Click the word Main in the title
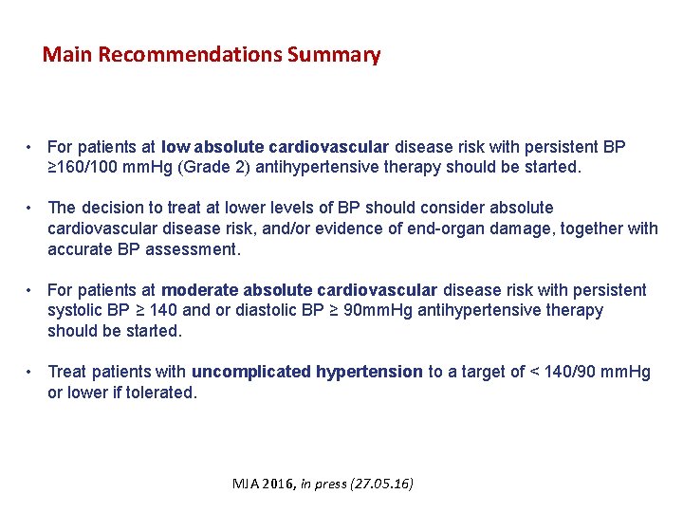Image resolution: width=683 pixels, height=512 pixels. [x=67, y=55]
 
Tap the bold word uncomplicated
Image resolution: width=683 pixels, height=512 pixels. [x=250, y=372]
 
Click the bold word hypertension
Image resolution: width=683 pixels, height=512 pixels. [x=369, y=372]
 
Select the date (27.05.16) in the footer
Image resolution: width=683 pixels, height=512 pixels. [x=381, y=484]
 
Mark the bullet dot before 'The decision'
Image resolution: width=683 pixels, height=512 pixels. [x=32, y=208]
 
